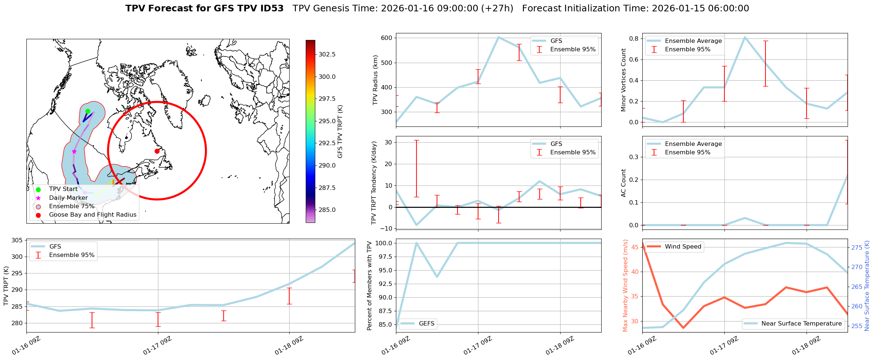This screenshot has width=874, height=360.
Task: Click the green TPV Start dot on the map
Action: [88, 111]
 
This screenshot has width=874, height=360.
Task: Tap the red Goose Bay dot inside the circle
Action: [157, 151]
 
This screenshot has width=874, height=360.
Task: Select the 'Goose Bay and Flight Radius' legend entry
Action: [92, 215]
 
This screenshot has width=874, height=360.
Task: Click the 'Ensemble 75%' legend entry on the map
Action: [71, 206]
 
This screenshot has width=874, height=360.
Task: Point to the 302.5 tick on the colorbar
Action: [327, 54]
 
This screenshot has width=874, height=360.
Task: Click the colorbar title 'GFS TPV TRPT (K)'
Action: [340, 131]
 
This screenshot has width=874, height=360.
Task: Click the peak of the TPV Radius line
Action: [499, 37]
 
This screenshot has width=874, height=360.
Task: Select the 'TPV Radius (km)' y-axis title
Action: [375, 80]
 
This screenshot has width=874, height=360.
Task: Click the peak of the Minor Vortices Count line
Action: [745, 37]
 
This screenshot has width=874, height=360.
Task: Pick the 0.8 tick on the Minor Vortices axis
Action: [634, 38]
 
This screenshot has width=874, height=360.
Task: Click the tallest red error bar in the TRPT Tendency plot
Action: [416, 169]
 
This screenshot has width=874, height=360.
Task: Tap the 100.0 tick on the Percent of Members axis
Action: [385, 243]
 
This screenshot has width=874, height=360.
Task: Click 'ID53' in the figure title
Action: [271, 8]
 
